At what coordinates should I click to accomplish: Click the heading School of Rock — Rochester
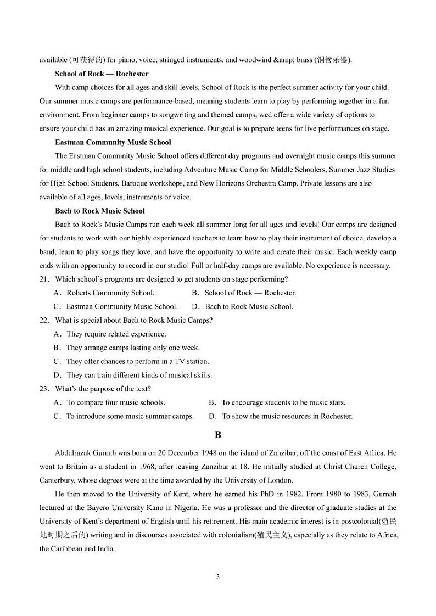click(x=102, y=74)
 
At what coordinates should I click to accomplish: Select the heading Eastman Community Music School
click(x=113, y=142)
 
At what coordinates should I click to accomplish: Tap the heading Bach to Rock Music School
click(x=100, y=211)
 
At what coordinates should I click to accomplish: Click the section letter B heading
click(x=218, y=435)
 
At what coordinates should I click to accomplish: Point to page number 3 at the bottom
click(x=218, y=576)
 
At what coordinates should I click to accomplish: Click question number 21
click(x=44, y=279)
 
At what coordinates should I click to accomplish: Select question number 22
click(x=44, y=320)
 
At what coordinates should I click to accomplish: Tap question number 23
click(x=44, y=389)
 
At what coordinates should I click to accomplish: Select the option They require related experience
click(x=116, y=334)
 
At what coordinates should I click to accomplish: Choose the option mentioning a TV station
click(x=137, y=361)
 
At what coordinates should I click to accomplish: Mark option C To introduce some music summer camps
click(x=130, y=416)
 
